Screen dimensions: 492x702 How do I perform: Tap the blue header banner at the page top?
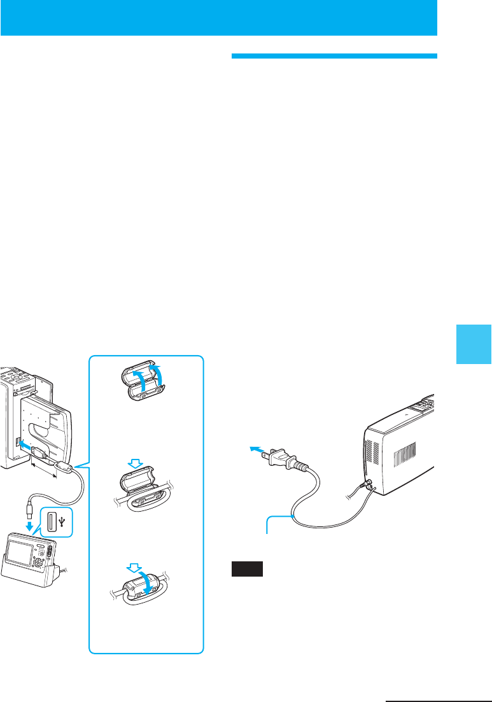tap(218, 17)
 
